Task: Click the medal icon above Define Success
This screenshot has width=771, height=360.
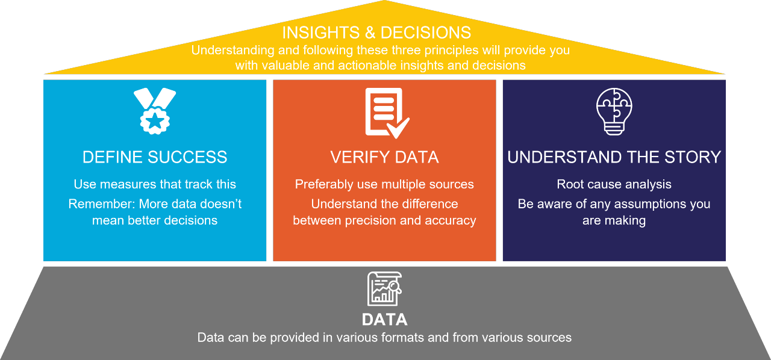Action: tap(154, 111)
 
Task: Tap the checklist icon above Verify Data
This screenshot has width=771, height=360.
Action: tap(385, 113)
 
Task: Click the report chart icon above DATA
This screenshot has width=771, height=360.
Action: tap(384, 289)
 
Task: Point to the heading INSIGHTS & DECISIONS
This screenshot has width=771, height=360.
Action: tap(376, 32)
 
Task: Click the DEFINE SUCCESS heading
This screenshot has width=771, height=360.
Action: tap(155, 158)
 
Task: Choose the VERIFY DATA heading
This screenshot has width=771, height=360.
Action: tap(384, 158)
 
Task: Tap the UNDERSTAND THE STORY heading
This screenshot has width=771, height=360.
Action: tap(614, 158)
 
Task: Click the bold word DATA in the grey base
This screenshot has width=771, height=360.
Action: tap(384, 319)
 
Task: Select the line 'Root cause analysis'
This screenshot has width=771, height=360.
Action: tap(614, 184)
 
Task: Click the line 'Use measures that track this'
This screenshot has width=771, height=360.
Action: tap(155, 184)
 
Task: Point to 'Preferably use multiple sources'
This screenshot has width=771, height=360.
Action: tap(384, 184)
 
